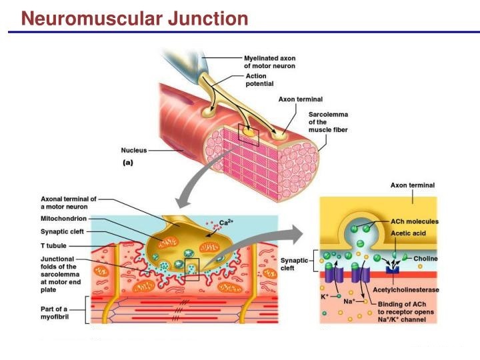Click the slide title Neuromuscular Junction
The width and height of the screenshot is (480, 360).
point(134,18)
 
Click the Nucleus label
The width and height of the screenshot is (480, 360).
point(133,150)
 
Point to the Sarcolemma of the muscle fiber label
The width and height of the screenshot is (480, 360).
point(327,122)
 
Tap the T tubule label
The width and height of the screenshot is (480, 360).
point(53,245)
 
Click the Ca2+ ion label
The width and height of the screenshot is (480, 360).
point(227,223)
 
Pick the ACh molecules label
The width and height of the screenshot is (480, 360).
point(414,221)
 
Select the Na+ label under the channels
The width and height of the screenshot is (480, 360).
point(349,302)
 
